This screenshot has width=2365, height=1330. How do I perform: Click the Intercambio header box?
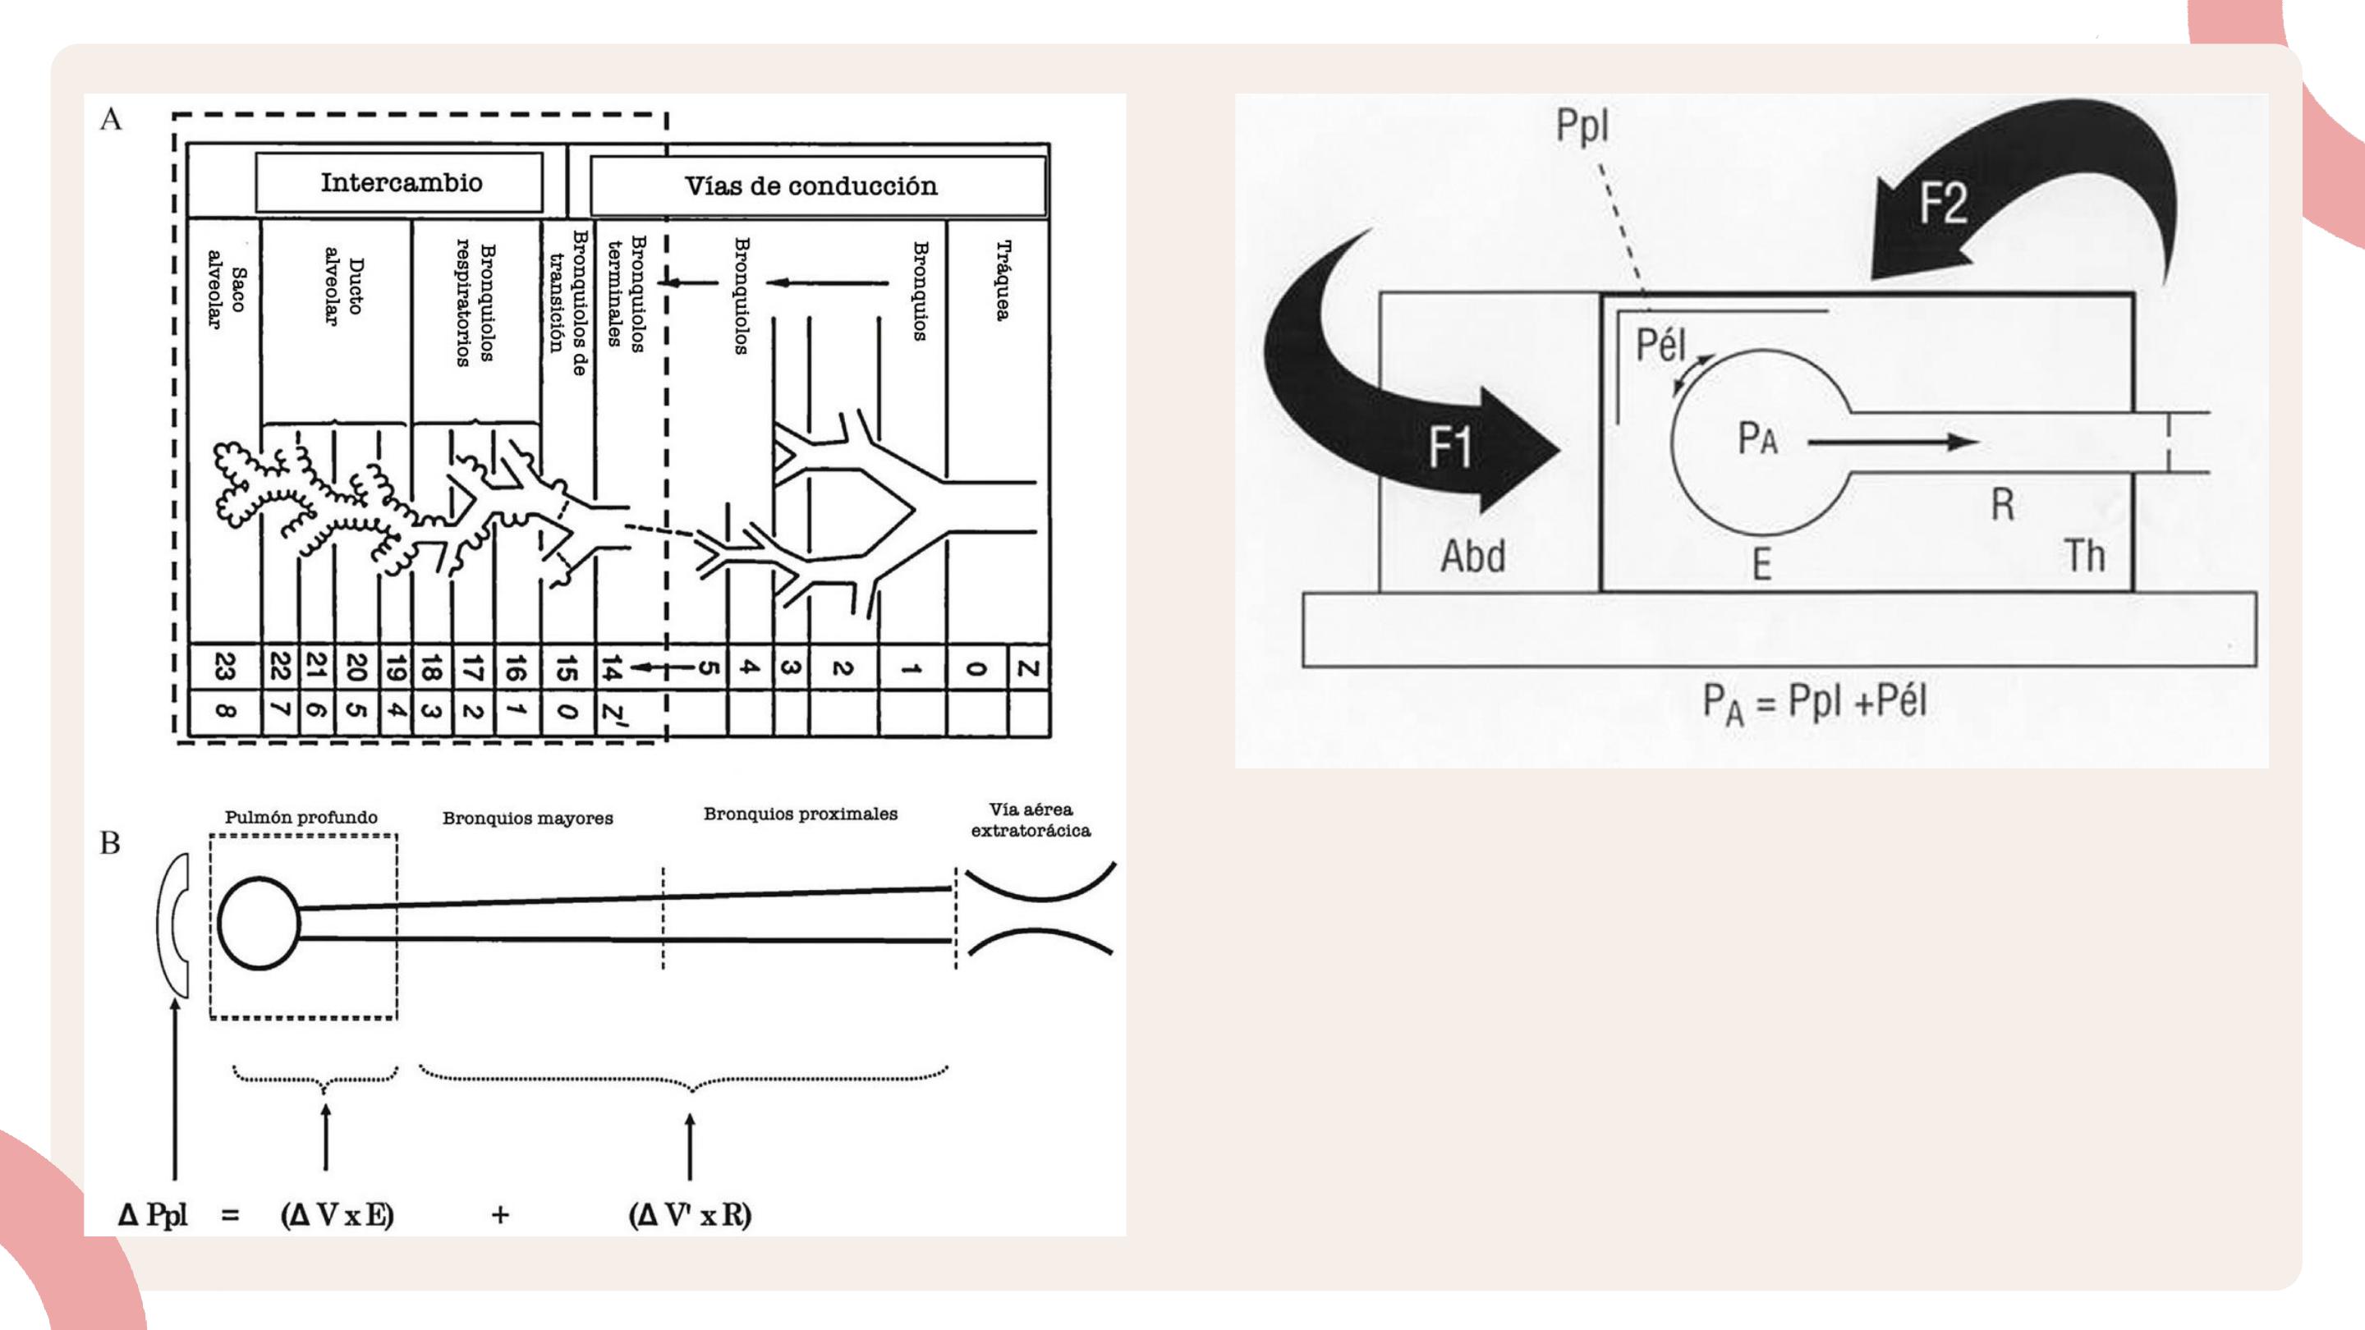tap(399, 182)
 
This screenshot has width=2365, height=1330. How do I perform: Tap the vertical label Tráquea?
tap(1003, 281)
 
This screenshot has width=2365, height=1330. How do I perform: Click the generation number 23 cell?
tap(225, 667)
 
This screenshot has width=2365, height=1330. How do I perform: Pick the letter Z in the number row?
tap(1028, 668)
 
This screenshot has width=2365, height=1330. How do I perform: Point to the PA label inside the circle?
tap(1757, 438)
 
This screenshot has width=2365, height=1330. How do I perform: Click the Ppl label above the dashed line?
tap(1582, 126)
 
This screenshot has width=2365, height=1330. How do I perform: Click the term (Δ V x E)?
tap(337, 1215)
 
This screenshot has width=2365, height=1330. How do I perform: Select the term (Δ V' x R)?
tap(691, 1215)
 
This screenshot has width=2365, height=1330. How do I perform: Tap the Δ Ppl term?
tap(153, 1215)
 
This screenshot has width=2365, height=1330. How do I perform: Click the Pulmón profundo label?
tap(301, 817)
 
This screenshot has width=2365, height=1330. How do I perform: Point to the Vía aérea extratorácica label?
tap(1031, 819)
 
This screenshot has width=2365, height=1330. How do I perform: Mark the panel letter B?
tap(110, 842)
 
